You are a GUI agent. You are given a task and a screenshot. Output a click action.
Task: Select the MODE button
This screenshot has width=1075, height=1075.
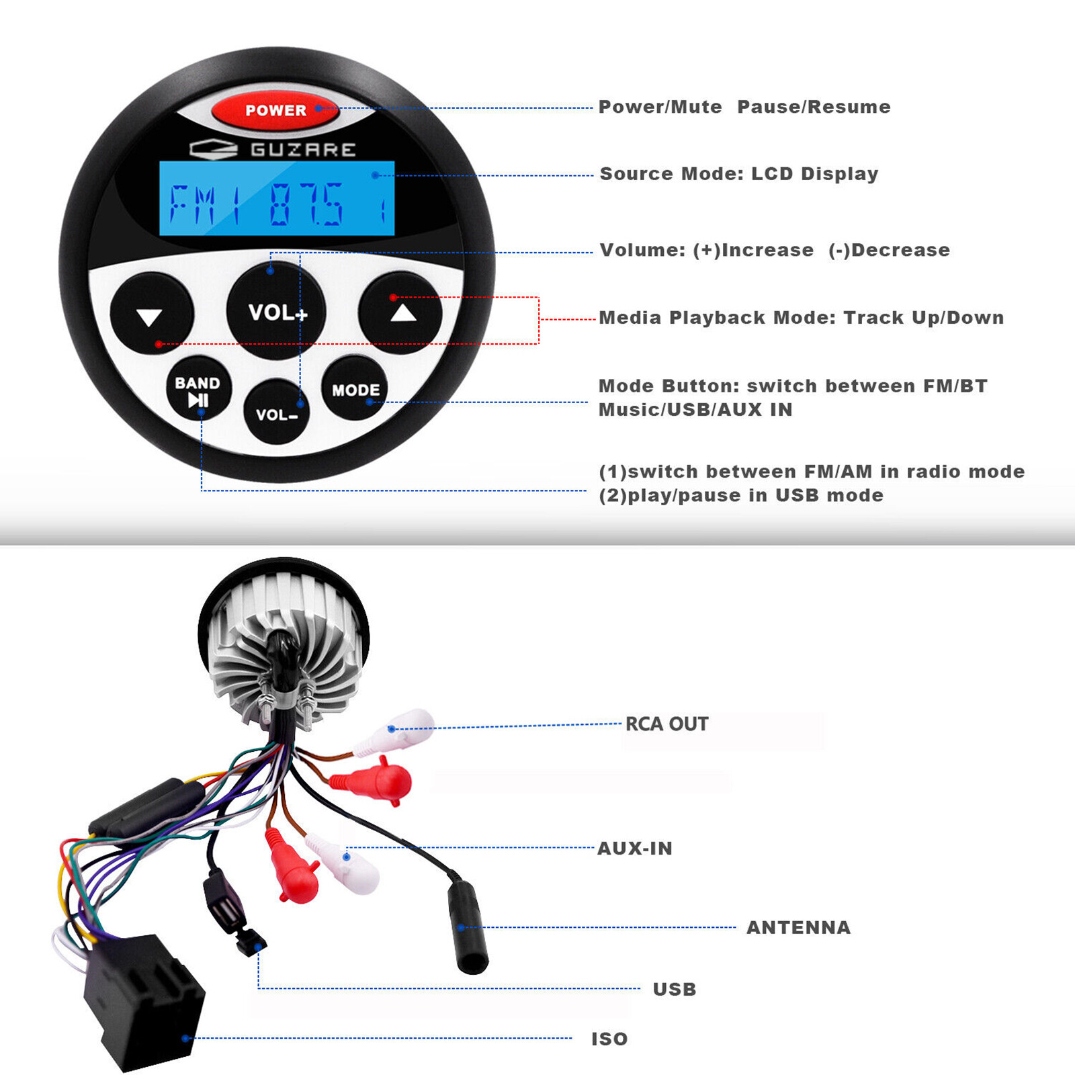(355, 389)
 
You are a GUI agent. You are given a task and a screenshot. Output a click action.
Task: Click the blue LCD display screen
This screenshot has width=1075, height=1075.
(277, 199)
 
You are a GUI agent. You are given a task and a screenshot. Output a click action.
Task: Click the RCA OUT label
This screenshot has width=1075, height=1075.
(666, 724)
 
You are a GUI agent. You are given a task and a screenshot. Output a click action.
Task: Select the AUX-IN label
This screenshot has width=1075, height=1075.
(635, 848)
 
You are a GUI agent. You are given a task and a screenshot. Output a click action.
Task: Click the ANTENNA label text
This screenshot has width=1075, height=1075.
(798, 927)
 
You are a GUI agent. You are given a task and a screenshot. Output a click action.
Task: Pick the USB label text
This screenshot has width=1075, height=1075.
(675, 989)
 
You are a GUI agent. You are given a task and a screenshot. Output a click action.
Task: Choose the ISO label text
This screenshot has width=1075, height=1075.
(609, 1039)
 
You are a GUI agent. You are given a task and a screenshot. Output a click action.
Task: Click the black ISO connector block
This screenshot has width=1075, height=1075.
(144, 1001)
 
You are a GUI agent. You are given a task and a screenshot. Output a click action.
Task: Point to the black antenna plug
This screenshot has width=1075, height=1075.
(468, 931)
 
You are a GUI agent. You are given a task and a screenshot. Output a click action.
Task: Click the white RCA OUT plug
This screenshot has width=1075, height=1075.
(400, 730)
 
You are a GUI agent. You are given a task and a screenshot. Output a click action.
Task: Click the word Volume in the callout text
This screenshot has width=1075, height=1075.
(642, 250)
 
